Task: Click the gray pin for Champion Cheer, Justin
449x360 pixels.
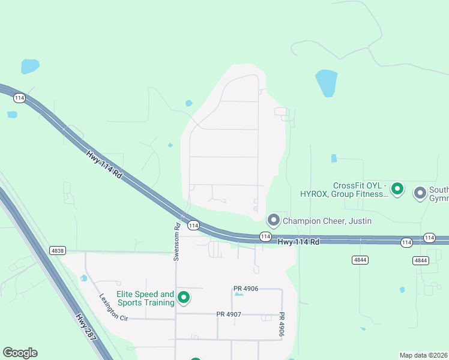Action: pyautogui.click(x=274, y=220)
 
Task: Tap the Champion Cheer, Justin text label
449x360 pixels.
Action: pyautogui.click(x=327, y=221)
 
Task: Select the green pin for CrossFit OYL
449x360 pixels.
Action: pyautogui.click(x=397, y=189)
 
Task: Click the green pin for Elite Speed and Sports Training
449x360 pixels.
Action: pyautogui.click(x=184, y=297)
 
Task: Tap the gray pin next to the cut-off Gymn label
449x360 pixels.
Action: pyautogui.click(x=420, y=193)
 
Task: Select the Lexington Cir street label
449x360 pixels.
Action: pyautogui.click(x=114, y=307)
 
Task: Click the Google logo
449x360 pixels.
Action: pyautogui.click(x=20, y=353)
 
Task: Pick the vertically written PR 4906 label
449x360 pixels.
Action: pyautogui.click(x=280, y=324)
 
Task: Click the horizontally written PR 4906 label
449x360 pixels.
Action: pyautogui.click(x=246, y=289)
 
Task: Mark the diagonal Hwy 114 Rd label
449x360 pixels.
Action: pyautogui.click(x=104, y=164)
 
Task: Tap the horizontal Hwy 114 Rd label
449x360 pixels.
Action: pyautogui.click(x=298, y=241)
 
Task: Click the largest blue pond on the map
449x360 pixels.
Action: pyautogui.click(x=327, y=83)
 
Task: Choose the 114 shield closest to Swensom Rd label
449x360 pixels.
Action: pyautogui.click(x=193, y=225)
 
